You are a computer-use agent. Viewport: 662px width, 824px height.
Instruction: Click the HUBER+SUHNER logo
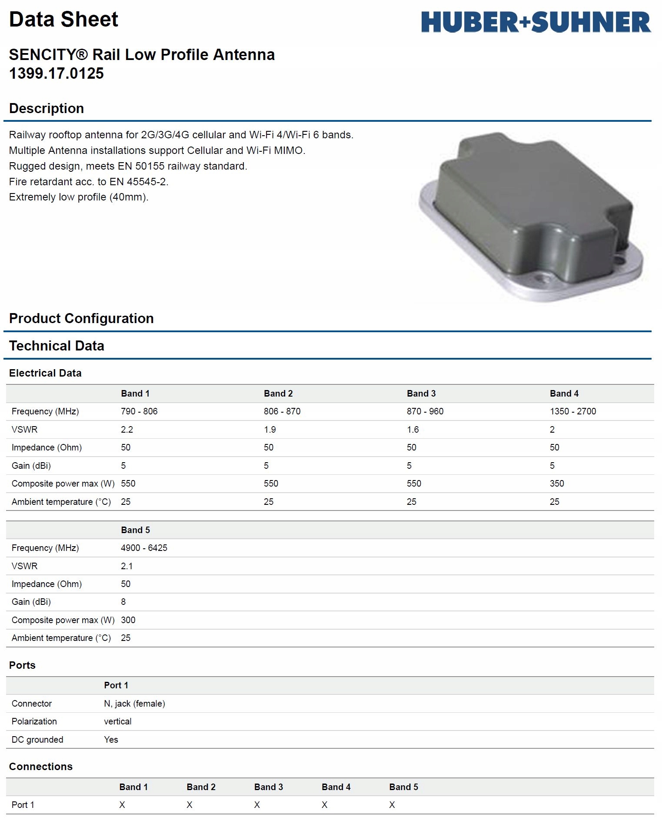pos(536,22)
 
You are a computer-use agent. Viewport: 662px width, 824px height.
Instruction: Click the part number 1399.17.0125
pos(57,73)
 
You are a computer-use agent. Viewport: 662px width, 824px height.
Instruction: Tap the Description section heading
pos(47,108)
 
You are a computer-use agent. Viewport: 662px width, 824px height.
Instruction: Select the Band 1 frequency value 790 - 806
pos(139,411)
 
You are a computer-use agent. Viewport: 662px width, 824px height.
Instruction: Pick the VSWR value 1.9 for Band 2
pos(269,430)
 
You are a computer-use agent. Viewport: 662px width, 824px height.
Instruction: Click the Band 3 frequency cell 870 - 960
pos(425,411)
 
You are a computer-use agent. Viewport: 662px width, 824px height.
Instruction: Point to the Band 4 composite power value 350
pos(556,484)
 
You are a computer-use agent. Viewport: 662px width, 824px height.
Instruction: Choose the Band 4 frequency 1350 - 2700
pos(572,411)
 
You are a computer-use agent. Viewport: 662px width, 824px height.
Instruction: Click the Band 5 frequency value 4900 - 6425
pos(144,548)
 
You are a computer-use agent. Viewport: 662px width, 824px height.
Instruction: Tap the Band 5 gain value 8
pos(123,602)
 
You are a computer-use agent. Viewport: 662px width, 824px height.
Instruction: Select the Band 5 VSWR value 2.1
pos(126,566)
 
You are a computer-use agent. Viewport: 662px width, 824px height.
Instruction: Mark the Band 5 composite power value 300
pos(128,620)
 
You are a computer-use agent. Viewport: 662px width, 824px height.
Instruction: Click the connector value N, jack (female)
pos(134,704)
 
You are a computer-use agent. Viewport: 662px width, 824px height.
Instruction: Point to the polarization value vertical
pos(117,721)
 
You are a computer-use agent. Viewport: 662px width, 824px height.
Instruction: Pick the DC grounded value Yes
pos(111,740)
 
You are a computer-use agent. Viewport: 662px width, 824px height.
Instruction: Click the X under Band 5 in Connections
pos(392,805)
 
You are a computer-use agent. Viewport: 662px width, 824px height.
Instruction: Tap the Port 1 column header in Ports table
pos(116,685)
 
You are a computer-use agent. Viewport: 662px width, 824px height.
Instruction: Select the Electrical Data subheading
pos(45,373)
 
